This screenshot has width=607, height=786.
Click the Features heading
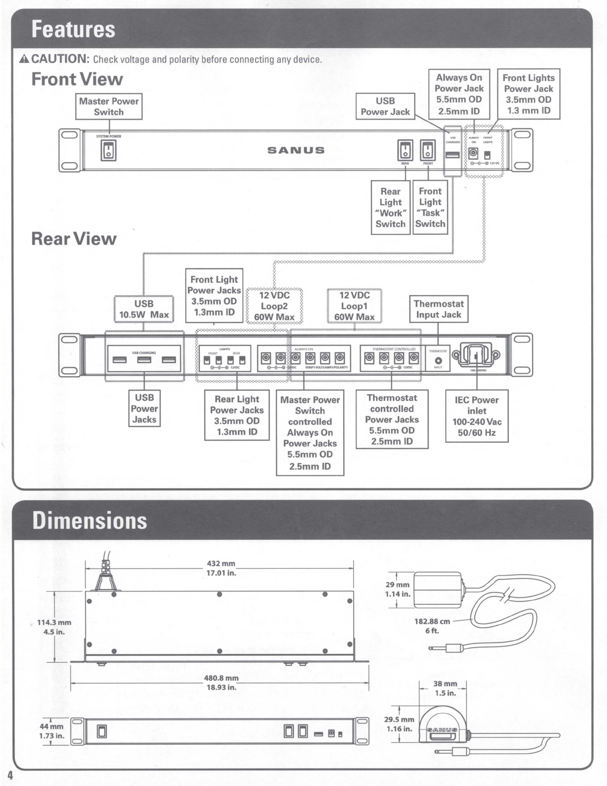(x=73, y=29)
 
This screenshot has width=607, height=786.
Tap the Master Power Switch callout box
(x=109, y=106)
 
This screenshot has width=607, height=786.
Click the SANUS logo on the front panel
(x=296, y=150)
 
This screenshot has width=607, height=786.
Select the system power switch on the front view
(x=109, y=151)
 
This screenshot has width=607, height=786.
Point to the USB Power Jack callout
(x=385, y=106)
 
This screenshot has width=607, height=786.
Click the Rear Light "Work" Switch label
(x=390, y=207)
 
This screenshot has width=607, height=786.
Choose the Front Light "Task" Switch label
(x=430, y=207)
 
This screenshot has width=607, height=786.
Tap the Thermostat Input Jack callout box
(x=438, y=309)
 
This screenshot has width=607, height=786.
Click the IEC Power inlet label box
(x=477, y=416)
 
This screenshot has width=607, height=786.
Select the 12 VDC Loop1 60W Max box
(x=354, y=306)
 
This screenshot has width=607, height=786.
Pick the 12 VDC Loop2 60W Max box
(x=274, y=306)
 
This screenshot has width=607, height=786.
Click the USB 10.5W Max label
(x=144, y=309)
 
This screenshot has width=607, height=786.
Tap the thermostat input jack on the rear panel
(x=438, y=360)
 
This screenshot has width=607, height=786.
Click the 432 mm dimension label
(x=221, y=568)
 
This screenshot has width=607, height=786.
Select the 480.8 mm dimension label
(x=221, y=682)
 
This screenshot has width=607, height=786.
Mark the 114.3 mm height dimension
(x=55, y=627)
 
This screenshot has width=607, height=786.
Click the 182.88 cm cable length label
(x=432, y=626)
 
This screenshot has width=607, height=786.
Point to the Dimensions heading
(x=90, y=521)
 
